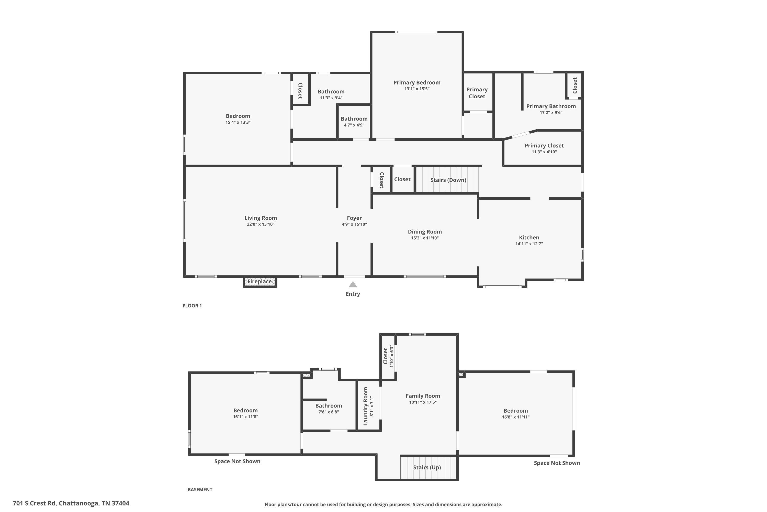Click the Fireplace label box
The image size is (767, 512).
pos(260,281)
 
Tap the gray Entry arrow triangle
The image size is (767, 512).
pos(353,284)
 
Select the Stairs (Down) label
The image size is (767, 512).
pos(448,180)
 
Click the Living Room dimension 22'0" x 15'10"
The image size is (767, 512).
pos(261,224)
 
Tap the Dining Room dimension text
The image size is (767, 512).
pos(425,238)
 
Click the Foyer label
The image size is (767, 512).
pos(354,218)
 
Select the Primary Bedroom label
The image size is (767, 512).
pos(417,83)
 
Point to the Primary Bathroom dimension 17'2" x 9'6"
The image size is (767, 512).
pos(551,113)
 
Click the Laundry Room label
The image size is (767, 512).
pos(366,406)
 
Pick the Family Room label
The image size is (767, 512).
pos(423,396)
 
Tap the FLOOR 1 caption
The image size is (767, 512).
pos(192,306)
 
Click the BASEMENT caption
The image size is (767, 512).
pos(200,489)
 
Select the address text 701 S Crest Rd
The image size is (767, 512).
pos(71,503)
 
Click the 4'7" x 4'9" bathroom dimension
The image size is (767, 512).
pos(354,125)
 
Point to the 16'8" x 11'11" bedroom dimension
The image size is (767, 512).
pos(516,417)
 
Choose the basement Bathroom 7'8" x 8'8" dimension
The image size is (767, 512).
pos(328,412)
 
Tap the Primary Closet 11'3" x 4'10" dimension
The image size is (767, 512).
pos(544,152)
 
